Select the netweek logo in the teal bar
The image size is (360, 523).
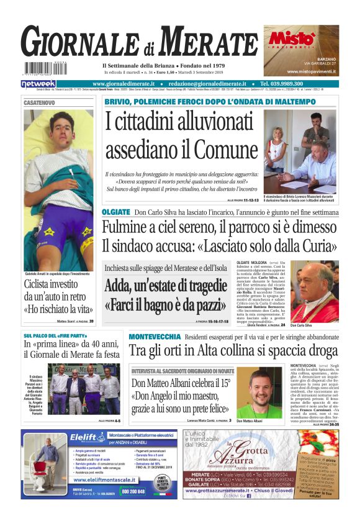click(38, 84)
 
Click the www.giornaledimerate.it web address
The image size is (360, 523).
click(126, 84)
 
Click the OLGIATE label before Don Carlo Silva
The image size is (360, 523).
click(116, 212)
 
